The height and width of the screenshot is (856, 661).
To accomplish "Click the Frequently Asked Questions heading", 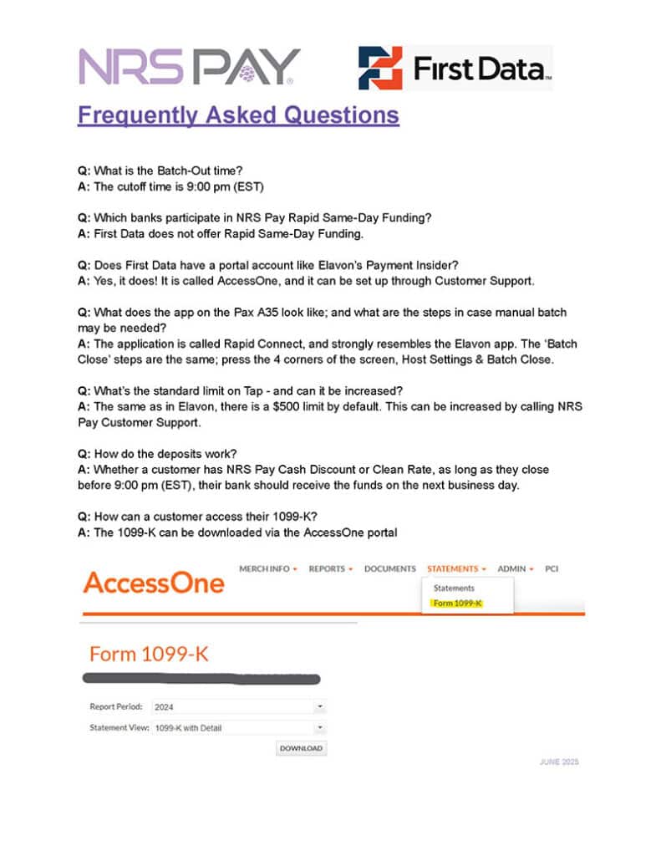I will (x=238, y=115).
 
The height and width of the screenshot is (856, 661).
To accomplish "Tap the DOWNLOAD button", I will (x=301, y=748).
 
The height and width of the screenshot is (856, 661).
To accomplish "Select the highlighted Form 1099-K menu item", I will (x=458, y=604).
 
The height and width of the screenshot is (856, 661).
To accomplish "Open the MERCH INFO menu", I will (x=268, y=568).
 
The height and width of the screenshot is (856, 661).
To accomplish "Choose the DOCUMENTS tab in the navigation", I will (x=389, y=568).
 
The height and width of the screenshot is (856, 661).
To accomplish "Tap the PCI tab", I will (x=552, y=568).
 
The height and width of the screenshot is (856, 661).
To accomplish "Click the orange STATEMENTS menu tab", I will (x=456, y=568).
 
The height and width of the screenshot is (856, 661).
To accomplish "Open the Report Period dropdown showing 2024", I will (x=239, y=706).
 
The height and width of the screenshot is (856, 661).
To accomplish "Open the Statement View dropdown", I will (x=239, y=727).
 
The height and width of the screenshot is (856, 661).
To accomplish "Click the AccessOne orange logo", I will (x=154, y=583).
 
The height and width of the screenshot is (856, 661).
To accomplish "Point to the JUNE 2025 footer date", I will (x=559, y=762).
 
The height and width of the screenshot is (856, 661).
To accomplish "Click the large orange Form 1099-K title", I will (x=148, y=654).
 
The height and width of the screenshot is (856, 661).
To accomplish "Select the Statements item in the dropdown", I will (x=454, y=588).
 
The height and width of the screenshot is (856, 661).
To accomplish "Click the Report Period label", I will (x=116, y=706).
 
